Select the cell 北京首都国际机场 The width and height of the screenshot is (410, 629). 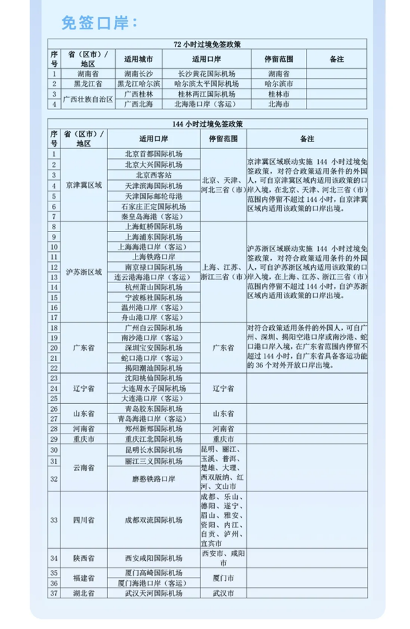(x=154, y=154)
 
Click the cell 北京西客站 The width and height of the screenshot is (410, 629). (x=154, y=175)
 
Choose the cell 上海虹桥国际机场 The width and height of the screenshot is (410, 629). (x=154, y=226)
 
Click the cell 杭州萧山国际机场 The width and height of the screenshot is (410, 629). (x=154, y=287)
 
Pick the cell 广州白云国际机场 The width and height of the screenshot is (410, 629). (x=154, y=328)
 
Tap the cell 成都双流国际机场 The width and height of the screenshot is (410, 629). (x=154, y=520)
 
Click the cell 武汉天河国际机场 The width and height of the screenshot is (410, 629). (x=154, y=593)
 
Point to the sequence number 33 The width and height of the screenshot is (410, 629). (x=54, y=520)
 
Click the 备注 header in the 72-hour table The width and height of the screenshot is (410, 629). (x=336, y=59)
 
